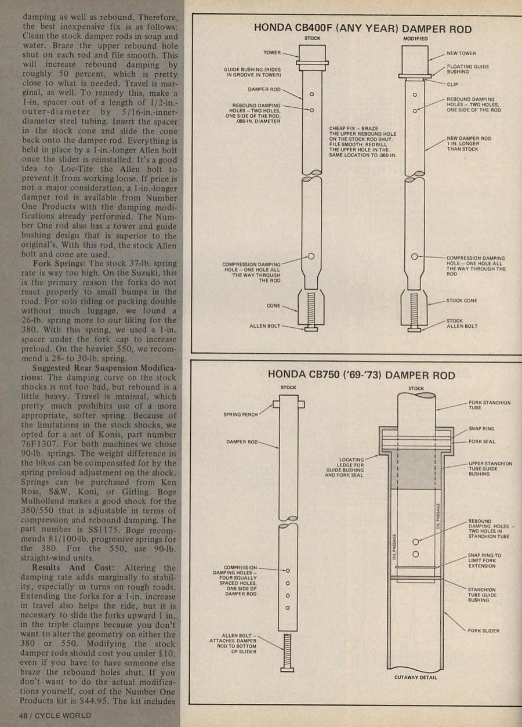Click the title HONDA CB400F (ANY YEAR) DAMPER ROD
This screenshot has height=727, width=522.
(x=362, y=29)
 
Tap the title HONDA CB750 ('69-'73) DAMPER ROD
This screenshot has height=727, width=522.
(x=361, y=375)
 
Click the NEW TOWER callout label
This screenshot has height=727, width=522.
(x=461, y=53)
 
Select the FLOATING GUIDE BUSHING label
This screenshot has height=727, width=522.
(x=467, y=69)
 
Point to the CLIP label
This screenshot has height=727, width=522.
(x=452, y=84)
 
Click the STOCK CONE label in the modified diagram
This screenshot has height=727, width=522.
(x=462, y=301)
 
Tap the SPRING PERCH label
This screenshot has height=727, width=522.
(x=240, y=415)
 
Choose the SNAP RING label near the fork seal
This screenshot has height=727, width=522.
(x=481, y=428)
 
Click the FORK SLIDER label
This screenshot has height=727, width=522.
(x=483, y=630)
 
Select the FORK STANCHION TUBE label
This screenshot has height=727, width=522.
(x=489, y=404)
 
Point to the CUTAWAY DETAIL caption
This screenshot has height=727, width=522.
(x=415, y=677)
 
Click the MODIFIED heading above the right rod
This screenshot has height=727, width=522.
(x=415, y=39)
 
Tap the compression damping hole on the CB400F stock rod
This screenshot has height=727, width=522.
(x=311, y=256)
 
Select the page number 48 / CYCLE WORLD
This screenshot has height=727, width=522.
(x=55, y=715)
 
